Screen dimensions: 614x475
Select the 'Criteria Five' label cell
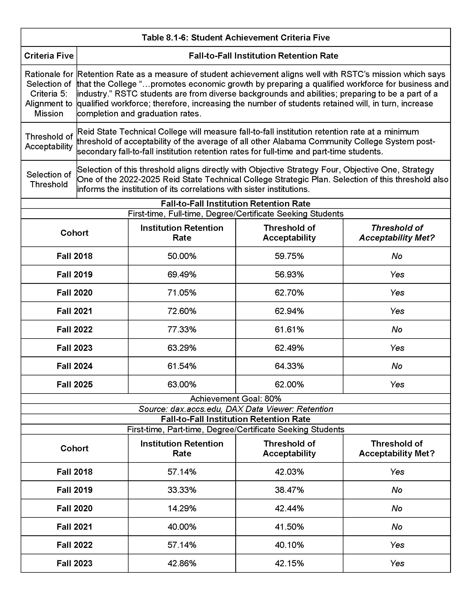(x=49, y=56)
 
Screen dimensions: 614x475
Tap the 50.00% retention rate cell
(x=182, y=256)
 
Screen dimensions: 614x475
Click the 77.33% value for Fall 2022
(x=182, y=329)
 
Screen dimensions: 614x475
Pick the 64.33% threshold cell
(x=289, y=366)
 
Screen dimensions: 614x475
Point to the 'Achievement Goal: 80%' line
(x=235, y=399)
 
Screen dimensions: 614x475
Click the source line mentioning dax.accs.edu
(x=235, y=409)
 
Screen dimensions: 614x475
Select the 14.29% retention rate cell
(x=182, y=508)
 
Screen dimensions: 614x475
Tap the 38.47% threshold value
(x=289, y=490)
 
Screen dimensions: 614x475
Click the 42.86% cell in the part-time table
(x=182, y=563)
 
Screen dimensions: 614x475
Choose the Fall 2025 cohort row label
(x=75, y=384)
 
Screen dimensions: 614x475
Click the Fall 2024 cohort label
(x=75, y=366)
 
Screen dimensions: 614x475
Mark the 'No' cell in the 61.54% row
(x=396, y=366)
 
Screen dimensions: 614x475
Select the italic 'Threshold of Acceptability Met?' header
(x=396, y=233)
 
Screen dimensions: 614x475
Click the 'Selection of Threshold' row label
(x=49, y=179)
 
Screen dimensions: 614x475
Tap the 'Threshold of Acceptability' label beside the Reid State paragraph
(x=49, y=141)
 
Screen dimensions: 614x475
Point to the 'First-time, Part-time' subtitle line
(x=235, y=429)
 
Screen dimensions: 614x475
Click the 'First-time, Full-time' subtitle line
(x=235, y=214)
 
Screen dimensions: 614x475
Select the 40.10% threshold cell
(x=289, y=545)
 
